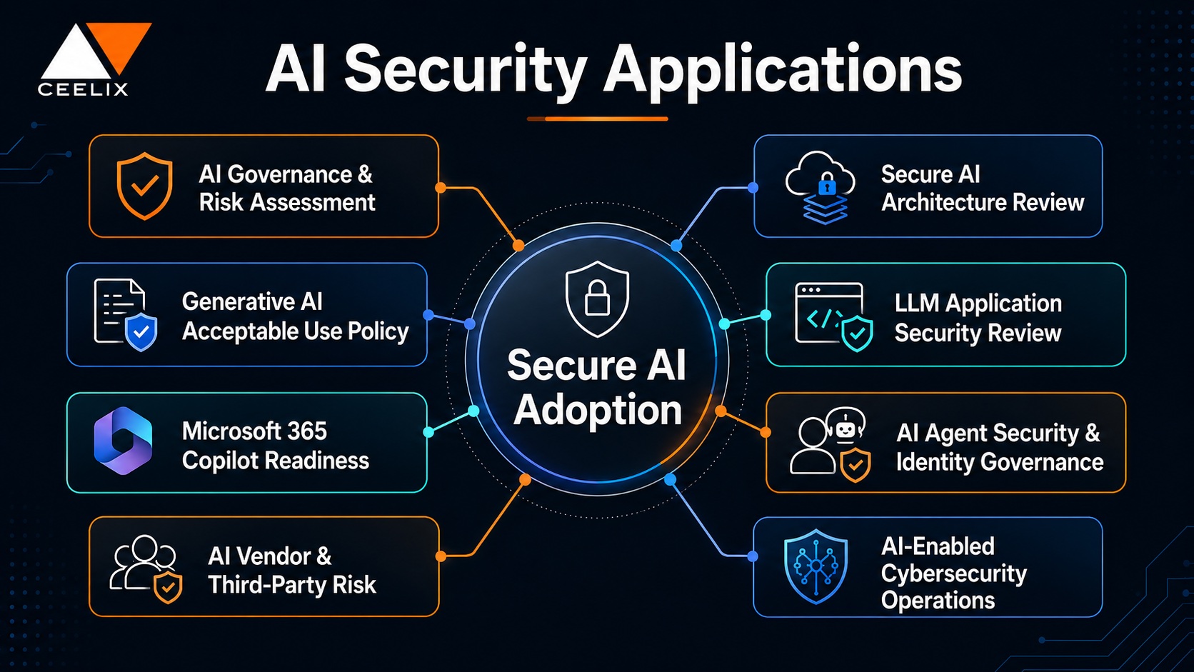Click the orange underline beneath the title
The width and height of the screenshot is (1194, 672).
[x=597, y=119]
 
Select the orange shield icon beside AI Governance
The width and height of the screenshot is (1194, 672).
[x=144, y=186]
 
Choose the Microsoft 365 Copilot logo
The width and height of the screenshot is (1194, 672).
[x=123, y=441]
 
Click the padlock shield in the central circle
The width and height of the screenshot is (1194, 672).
[x=597, y=299]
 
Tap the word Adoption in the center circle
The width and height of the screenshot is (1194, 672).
[x=598, y=411]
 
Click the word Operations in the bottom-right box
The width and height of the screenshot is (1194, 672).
[x=938, y=601]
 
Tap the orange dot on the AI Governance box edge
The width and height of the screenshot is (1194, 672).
[x=441, y=188]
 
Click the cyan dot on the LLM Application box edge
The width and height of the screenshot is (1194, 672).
[x=766, y=315]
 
